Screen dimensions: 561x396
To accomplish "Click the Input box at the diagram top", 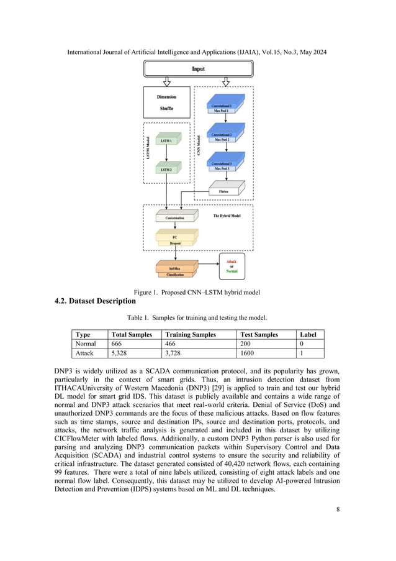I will pyautogui.click(x=197, y=69).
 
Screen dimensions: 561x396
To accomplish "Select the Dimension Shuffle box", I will pyautogui.click(x=166, y=103).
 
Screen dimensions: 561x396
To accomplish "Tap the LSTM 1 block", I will pyautogui.click(x=166, y=142).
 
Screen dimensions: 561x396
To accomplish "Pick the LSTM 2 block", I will pyautogui.click(x=166, y=170).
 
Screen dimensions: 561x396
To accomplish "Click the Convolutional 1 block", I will pyautogui.click(x=222, y=107).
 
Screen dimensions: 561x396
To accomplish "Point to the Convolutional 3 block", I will pyautogui.click(x=222, y=165).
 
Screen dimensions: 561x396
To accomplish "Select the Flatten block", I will pyautogui.click(x=223, y=191).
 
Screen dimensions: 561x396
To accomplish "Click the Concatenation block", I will pyautogui.click(x=174, y=218).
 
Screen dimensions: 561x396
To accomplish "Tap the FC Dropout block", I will pyautogui.click(x=176, y=240).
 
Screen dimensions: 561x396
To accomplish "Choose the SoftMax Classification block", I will pyautogui.click(x=175, y=271).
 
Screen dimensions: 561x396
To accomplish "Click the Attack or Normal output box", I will pyautogui.click(x=231, y=266).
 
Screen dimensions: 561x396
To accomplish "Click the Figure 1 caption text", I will pyautogui.click(x=197, y=292).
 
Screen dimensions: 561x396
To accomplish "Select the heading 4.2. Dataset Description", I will pyautogui.click(x=95, y=301).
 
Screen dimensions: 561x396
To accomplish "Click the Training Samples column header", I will pyautogui.click(x=191, y=334).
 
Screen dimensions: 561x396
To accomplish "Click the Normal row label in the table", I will pyautogui.click(x=85, y=343).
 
